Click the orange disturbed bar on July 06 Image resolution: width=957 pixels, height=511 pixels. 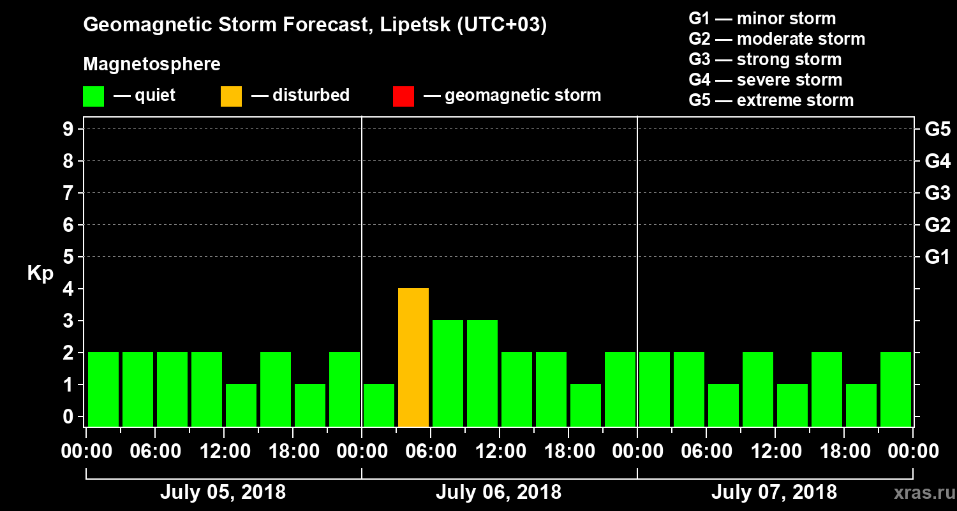[413, 358]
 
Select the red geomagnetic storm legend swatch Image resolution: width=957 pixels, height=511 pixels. [403, 96]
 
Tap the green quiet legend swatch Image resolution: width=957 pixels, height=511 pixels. [93, 96]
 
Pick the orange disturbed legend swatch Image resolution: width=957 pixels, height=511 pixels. [231, 96]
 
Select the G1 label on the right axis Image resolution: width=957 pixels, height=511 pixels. [937, 257]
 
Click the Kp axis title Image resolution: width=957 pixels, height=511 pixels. [40, 273]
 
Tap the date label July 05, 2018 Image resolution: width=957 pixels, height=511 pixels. [223, 492]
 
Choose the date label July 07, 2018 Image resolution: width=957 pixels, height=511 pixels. [774, 492]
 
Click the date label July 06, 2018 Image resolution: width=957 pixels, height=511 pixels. [498, 492]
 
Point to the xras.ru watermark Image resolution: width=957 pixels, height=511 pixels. [919, 492]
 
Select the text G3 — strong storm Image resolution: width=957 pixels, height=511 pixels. [765, 59]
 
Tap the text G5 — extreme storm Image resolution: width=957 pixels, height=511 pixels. [771, 100]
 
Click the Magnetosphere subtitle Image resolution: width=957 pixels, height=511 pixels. [152, 65]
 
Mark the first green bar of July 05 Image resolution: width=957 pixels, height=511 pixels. [103, 390]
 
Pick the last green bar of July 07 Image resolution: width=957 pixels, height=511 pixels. [896, 390]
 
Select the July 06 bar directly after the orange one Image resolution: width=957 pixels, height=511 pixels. [448, 374]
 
